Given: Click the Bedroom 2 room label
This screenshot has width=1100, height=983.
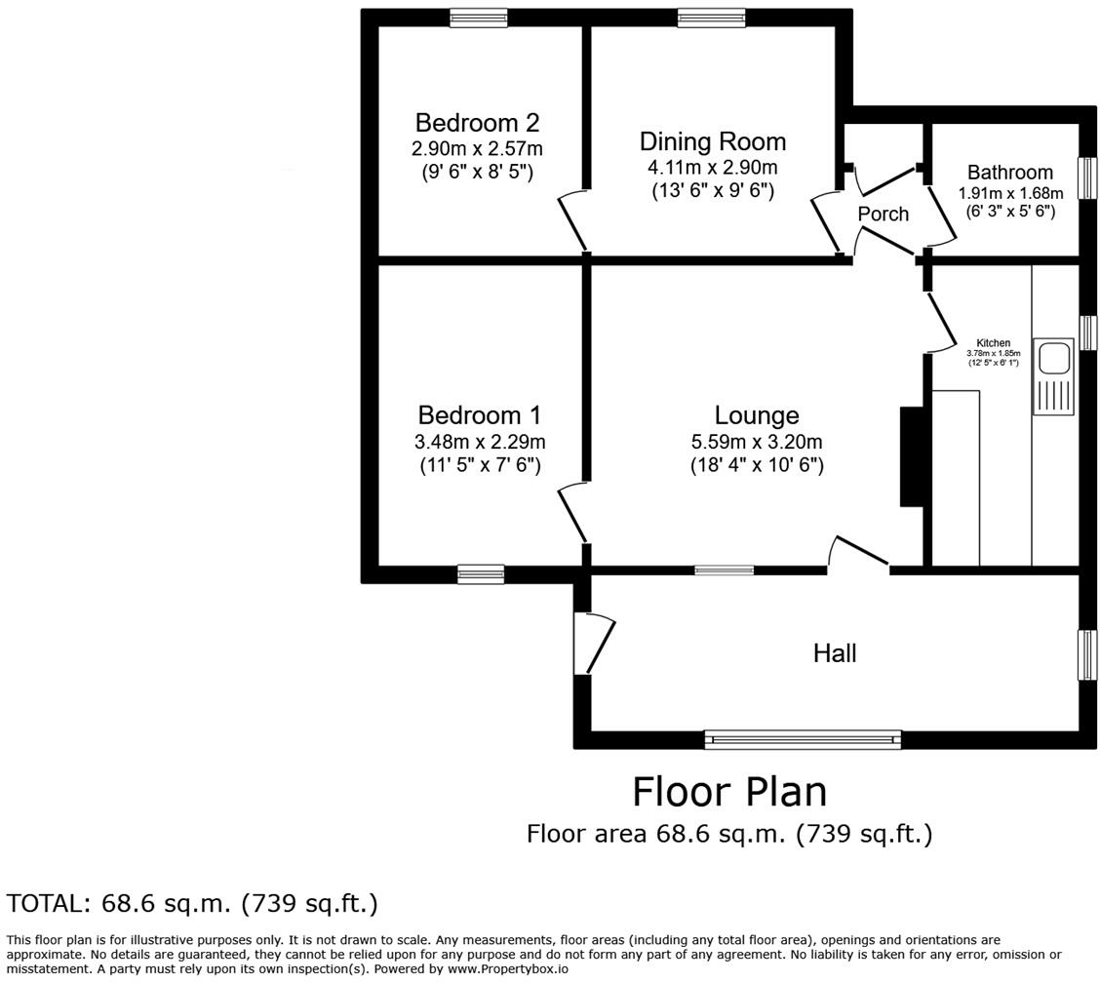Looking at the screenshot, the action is point(477,123).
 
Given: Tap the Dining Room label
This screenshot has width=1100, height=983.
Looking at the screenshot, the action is point(713,141).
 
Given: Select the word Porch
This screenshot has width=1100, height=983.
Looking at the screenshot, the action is point(884,214).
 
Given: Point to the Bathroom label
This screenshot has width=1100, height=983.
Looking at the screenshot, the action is point(1010,172).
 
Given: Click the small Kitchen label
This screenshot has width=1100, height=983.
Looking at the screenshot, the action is point(994,343).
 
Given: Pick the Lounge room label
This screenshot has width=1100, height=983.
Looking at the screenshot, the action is point(757,415).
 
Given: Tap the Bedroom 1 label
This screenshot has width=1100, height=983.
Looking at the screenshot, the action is point(480,415).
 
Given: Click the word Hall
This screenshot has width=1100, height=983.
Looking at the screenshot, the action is point(835,653).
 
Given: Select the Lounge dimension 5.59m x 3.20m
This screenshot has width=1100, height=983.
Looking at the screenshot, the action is point(757,442).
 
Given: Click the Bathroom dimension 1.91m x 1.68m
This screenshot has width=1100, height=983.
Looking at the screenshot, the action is point(1011,193).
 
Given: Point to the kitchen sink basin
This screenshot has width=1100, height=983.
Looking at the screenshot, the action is point(1053,358).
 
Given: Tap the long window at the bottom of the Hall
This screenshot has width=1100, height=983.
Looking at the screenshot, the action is point(803,739).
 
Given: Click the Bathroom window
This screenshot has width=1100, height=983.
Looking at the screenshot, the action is point(1087,178).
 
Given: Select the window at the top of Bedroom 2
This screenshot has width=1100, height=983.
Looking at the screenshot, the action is point(479,19).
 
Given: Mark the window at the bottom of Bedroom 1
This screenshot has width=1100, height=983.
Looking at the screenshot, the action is point(481,574).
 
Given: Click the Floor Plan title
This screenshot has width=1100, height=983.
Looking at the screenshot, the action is point(729,792).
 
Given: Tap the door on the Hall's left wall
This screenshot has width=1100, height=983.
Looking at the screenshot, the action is point(594,644).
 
